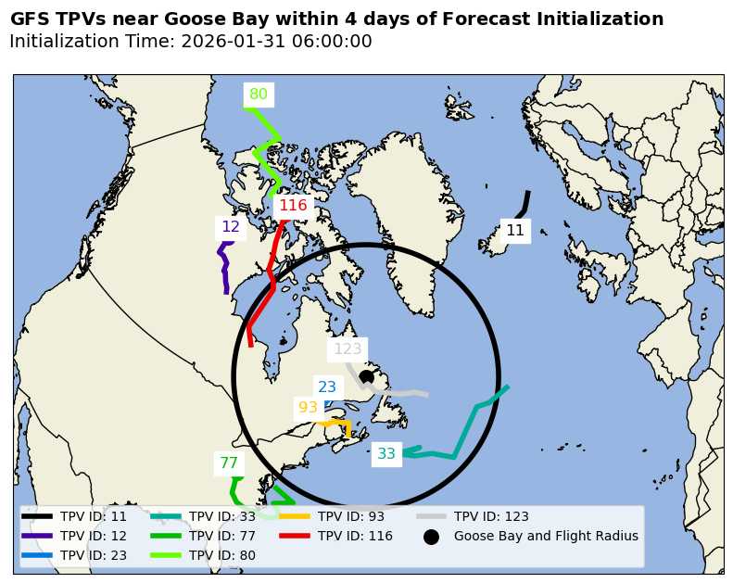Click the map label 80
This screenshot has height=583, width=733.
[x=259, y=95]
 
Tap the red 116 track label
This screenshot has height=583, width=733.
[x=293, y=206]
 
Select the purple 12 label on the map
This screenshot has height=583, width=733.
[x=231, y=227]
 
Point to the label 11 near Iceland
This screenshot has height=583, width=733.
[x=515, y=231]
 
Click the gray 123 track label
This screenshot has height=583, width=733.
[x=348, y=349]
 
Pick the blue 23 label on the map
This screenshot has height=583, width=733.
[x=327, y=387]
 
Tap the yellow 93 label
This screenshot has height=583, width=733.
[x=308, y=408]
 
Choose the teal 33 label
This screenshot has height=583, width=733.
[x=386, y=454]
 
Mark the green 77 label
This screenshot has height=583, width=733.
[x=229, y=463]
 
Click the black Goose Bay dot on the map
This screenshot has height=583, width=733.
[x=366, y=376]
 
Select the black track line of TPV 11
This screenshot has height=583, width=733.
[x=525, y=203]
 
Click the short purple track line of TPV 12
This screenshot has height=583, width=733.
[x=225, y=269]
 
